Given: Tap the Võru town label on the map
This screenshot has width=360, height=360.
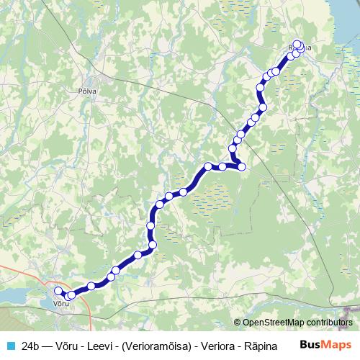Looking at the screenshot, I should pos(61,303).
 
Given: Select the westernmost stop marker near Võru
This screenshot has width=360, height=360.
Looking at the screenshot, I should pos(59,291).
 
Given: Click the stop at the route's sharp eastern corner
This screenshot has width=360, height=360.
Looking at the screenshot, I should pos(242,167).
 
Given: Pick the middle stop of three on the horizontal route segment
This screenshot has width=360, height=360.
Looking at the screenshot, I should pos(223,166).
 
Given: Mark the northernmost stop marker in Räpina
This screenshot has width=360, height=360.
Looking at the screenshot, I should pos(297,44).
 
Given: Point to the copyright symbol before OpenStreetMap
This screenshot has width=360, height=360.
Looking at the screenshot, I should pos(238,323).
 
